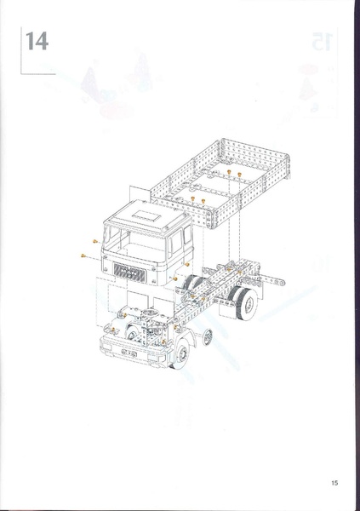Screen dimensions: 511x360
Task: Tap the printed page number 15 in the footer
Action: click(335, 482)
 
